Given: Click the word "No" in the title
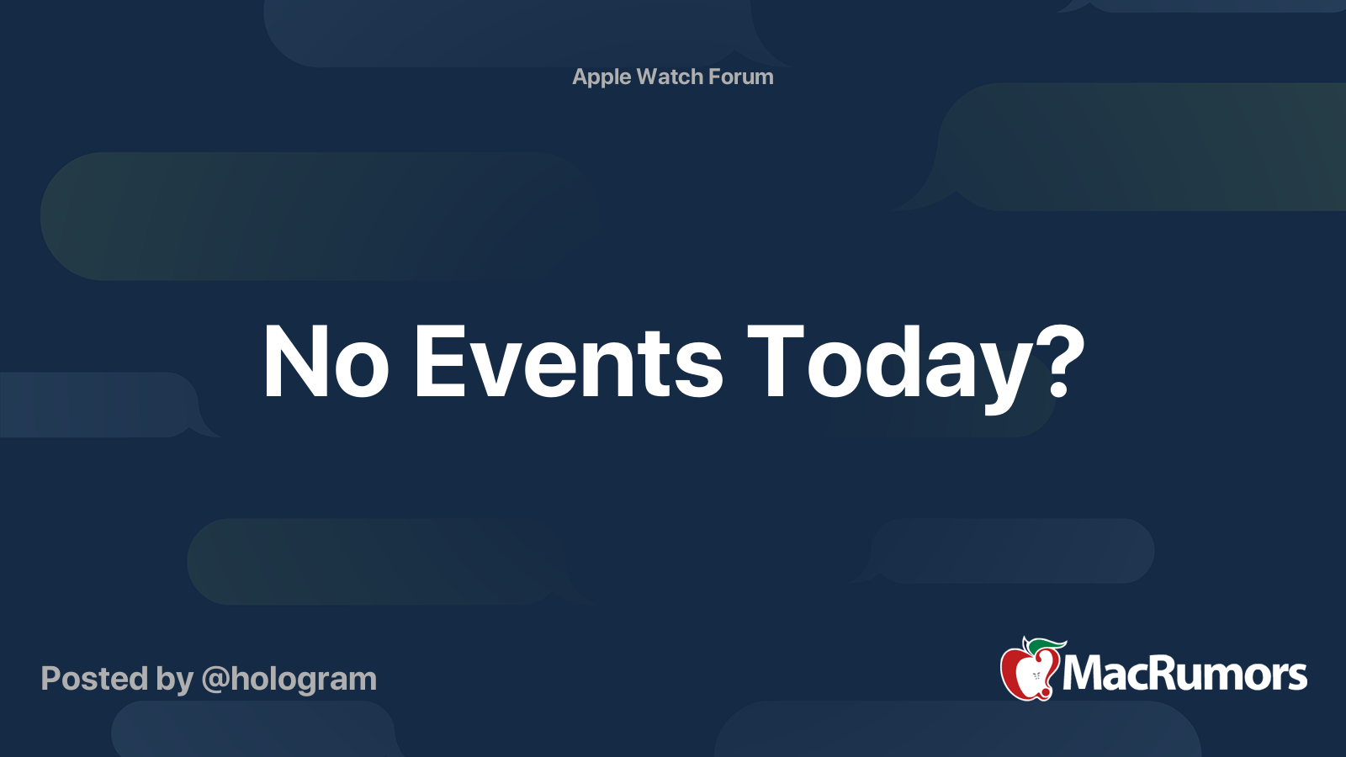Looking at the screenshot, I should point(325,363).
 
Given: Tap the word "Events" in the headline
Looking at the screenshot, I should point(568,363).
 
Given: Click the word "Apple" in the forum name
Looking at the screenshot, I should point(601,77).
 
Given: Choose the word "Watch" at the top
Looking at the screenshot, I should point(670,77).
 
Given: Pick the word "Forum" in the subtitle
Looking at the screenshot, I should point(740,77).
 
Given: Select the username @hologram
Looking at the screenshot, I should point(289,679).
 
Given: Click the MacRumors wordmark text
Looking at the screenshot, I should point(1184,674).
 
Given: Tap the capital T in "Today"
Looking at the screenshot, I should point(775,363).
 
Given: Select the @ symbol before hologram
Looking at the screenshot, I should point(215,680).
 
